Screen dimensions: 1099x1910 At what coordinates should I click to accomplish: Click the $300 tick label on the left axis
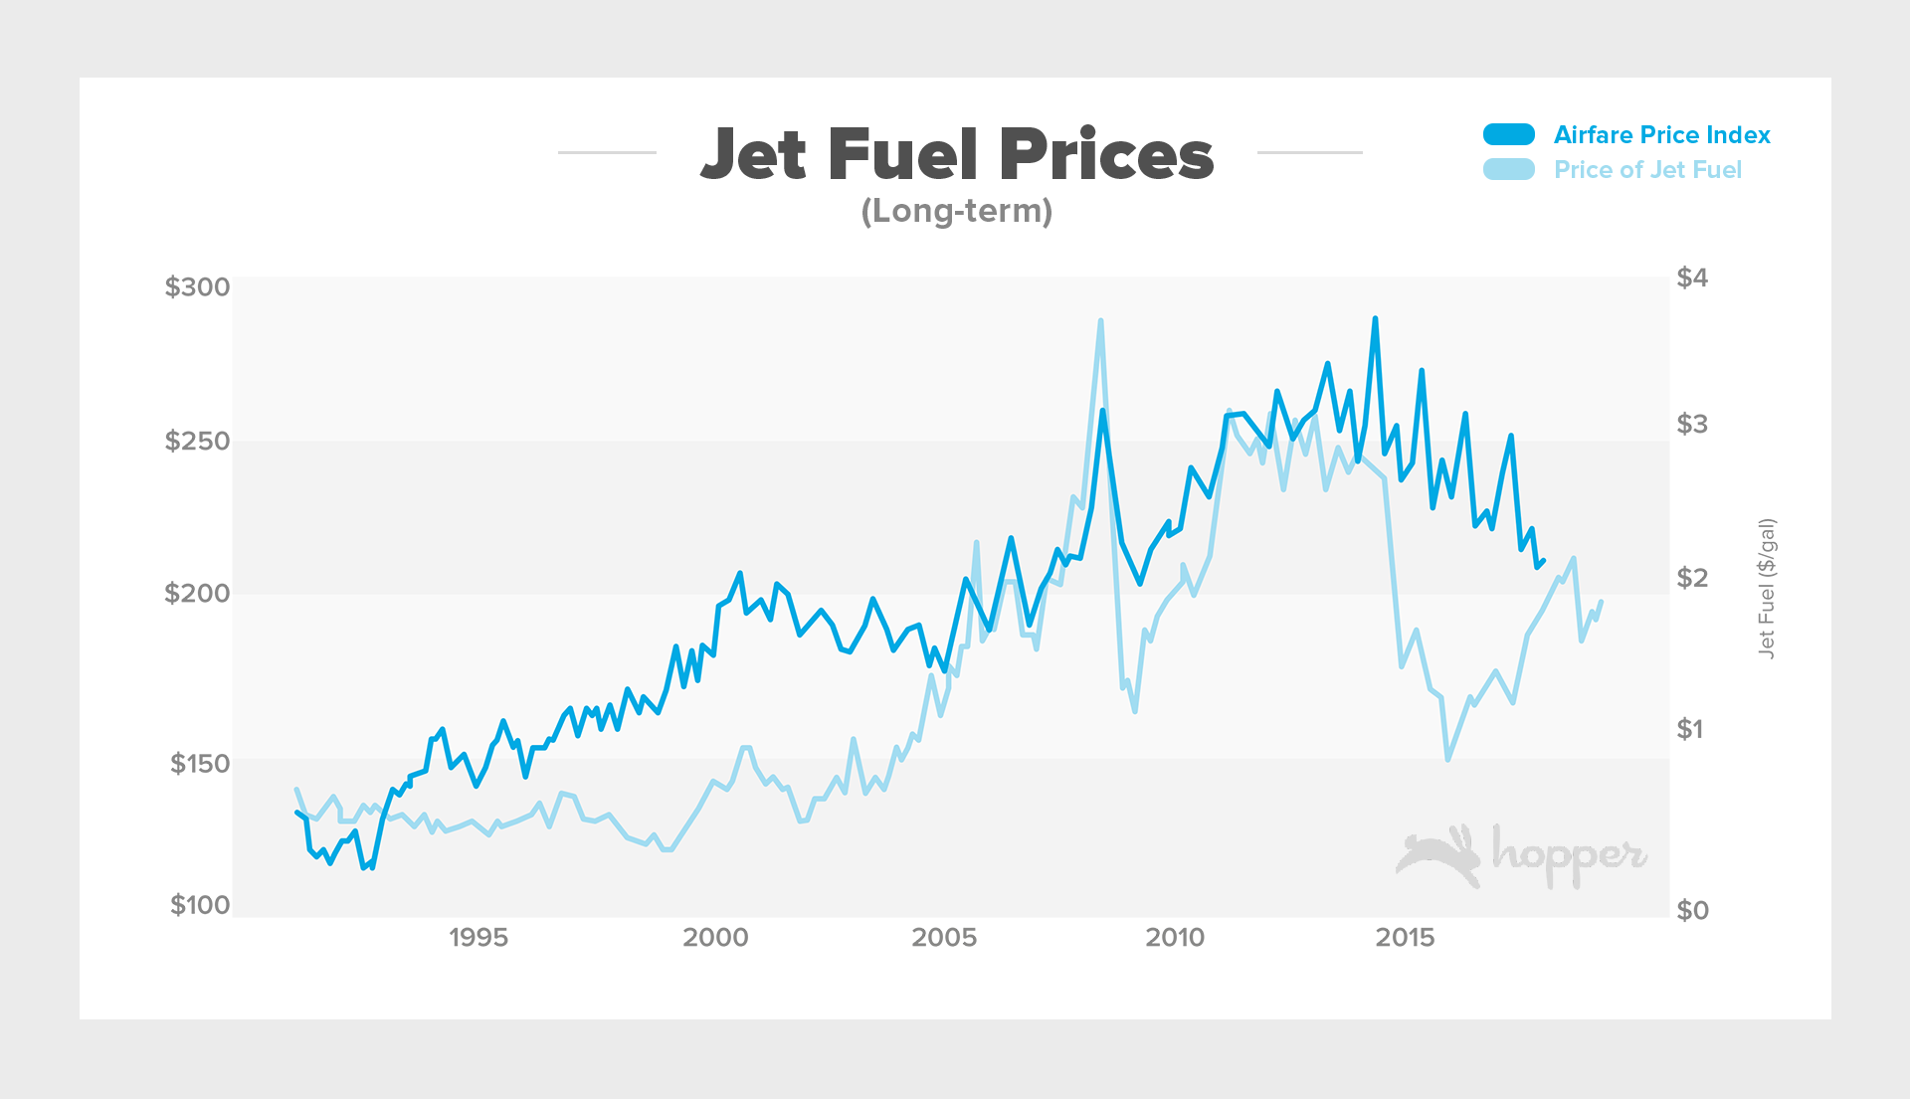click(x=197, y=287)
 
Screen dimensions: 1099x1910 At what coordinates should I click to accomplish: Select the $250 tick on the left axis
click(x=197, y=441)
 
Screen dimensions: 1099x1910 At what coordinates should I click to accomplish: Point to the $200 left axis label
click(x=197, y=594)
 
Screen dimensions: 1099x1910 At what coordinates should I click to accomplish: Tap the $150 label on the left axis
click(x=199, y=764)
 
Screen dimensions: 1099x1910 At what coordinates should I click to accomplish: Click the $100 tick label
click(x=199, y=905)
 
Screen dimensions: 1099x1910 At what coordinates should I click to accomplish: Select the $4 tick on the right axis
click(x=1692, y=277)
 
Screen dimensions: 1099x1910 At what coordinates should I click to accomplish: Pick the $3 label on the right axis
click(x=1692, y=424)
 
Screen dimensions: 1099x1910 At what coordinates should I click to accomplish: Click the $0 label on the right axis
click(x=1692, y=910)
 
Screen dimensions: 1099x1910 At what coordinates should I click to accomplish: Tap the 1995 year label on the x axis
click(x=477, y=938)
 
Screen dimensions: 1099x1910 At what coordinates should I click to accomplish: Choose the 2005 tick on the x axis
click(x=944, y=938)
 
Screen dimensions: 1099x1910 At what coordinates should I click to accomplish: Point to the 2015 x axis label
click(x=1405, y=938)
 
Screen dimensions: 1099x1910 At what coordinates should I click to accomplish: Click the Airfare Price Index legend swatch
click(x=1509, y=134)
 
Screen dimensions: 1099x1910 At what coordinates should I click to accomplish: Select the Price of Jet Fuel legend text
click(x=1647, y=170)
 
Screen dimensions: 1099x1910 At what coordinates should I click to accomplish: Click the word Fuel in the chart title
click(x=902, y=155)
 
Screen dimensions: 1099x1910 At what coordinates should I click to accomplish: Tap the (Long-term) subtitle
click(x=956, y=211)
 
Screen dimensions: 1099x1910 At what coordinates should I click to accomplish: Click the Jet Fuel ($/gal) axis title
click(x=1766, y=588)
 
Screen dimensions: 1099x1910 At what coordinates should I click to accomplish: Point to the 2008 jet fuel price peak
click(x=1100, y=321)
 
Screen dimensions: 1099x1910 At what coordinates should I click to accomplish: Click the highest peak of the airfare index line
click(x=1375, y=319)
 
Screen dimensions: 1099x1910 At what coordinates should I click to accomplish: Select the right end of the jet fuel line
click(x=1601, y=602)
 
